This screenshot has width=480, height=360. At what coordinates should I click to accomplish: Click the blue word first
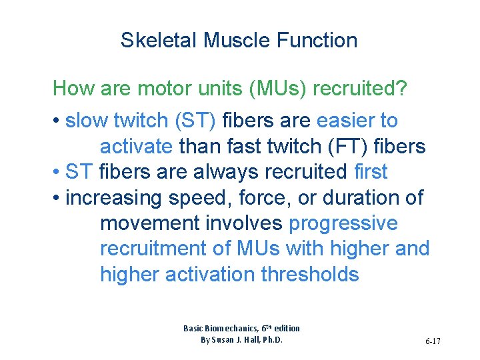(x=371, y=171)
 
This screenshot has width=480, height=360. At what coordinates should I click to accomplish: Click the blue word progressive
(x=343, y=223)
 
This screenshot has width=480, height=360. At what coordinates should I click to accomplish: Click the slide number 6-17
(x=433, y=341)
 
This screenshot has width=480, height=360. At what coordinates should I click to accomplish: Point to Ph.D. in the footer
(x=271, y=339)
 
